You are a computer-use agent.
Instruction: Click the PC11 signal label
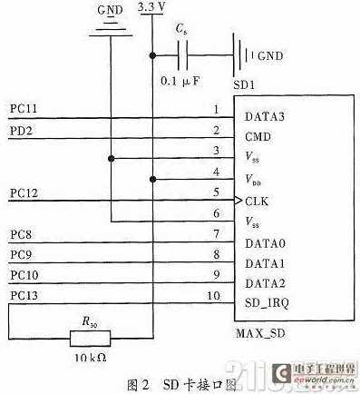pos(24,110)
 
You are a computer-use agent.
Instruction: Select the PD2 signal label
pos(22,132)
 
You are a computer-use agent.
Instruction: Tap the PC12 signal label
pos(24,193)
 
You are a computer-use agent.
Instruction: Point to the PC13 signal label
pos(24,294)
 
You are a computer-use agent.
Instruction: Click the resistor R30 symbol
pos(91,338)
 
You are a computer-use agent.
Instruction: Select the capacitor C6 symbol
pos(185,56)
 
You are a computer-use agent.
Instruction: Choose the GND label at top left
pos(109,10)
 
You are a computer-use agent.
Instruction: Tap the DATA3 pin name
pos(263,115)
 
